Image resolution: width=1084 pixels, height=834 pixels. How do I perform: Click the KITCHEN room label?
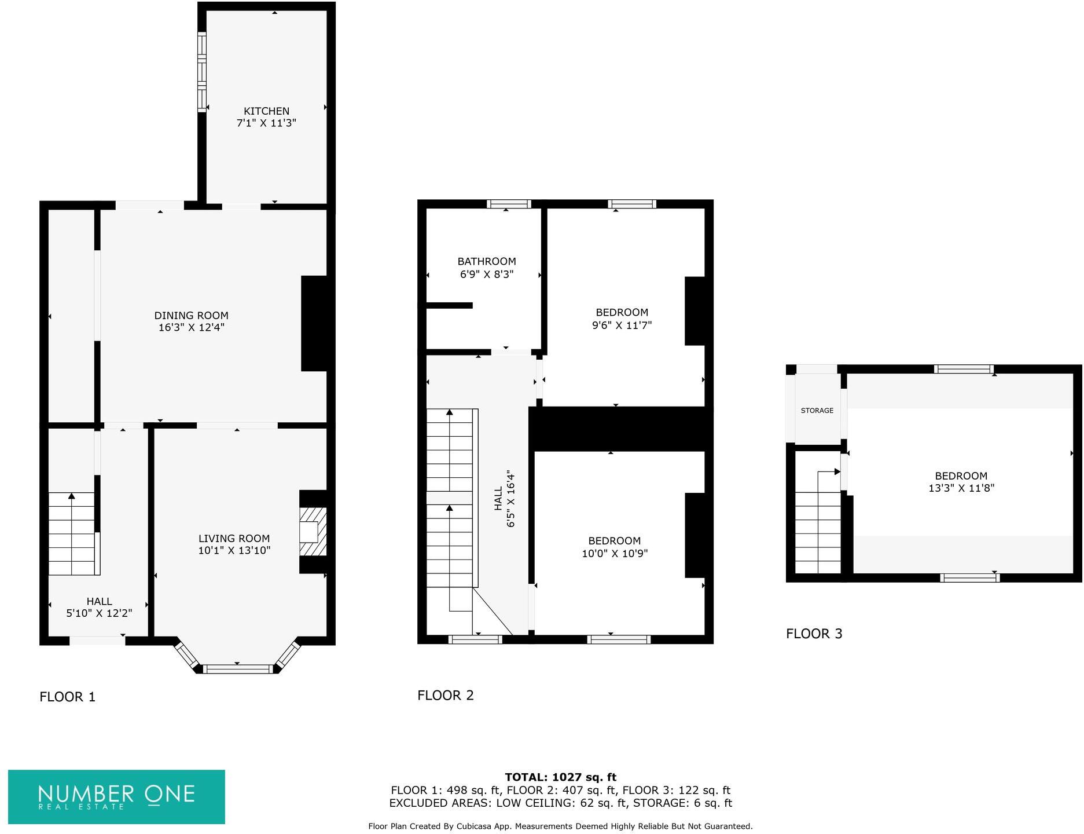pos(266,111)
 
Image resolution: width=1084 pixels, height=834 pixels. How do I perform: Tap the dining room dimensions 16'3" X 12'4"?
pos(191,328)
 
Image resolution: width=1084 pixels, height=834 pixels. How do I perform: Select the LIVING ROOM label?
pos(234,539)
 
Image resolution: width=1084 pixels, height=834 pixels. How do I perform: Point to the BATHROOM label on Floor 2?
pos(487,262)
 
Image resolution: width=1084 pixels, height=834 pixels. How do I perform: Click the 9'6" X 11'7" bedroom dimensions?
pos(622,325)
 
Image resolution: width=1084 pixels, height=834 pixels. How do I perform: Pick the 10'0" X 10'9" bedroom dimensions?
pos(614,554)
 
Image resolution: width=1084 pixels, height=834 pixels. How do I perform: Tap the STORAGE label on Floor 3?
pos(817,411)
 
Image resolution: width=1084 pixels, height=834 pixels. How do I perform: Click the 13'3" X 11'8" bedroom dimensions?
pos(961,488)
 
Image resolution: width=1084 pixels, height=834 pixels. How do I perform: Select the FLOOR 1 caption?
pos(67,697)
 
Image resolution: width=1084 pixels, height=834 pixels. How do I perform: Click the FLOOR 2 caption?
pos(445,695)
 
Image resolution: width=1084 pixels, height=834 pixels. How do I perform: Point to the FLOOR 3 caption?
pos(814,634)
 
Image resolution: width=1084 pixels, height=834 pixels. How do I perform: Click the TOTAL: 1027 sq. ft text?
pos(560,777)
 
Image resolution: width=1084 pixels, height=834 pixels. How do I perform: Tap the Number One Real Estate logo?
pos(116,796)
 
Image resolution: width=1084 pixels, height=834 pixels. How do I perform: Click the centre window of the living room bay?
pos(237,669)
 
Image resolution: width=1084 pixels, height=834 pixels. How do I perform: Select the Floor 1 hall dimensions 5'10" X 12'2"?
pos(99,613)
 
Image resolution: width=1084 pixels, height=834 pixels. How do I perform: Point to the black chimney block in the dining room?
pos(315,323)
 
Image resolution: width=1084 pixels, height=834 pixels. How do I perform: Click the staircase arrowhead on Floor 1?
pos(71,496)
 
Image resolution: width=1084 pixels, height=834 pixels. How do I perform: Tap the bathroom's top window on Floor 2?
pos(508,204)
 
